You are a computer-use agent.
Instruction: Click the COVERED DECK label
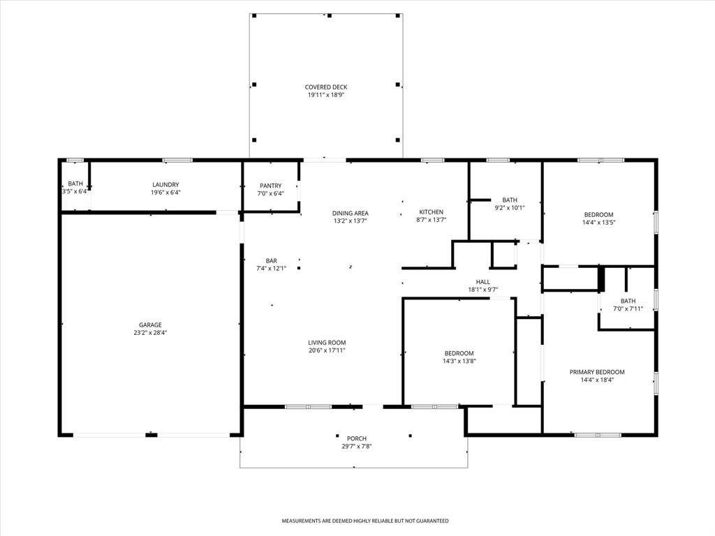325,87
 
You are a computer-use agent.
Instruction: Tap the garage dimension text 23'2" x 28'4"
150,333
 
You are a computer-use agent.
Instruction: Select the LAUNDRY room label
166,185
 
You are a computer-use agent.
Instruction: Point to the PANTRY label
270,186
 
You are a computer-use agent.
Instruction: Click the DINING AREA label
351,213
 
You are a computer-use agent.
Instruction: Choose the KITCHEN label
431,212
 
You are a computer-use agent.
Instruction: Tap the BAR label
271,260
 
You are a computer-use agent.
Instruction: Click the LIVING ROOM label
327,342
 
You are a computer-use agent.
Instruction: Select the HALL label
482,282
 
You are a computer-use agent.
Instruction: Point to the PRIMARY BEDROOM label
597,372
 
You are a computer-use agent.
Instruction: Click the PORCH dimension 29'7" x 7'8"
357,446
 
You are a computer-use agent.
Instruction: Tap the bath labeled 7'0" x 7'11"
628,308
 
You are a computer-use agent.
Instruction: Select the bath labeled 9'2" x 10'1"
510,207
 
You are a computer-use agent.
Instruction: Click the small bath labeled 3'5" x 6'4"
75,191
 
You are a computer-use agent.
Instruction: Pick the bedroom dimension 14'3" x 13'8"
459,362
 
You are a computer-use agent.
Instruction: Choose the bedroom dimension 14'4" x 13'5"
598,223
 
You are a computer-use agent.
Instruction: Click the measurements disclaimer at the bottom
364,521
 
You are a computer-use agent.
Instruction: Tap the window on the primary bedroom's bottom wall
598,435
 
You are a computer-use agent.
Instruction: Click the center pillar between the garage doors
151,435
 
